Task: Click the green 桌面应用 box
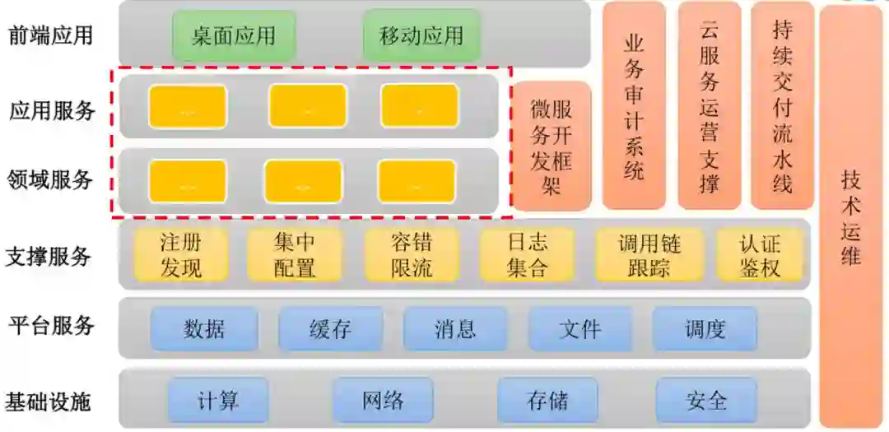(x=234, y=35)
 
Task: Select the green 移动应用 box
(x=421, y=35)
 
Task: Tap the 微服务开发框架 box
(x=552, y=146)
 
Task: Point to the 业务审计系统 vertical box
(x=634, y=105)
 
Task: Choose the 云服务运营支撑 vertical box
(x=710, y=105)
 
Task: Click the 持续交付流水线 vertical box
(x=782, y=105)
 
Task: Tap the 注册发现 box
(x=181, y=254)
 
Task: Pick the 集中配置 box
(x=294, y=254)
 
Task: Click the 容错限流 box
(x=412, y=254)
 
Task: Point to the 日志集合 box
(x=528, y=254)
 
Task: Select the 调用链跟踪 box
(x=649, y=254)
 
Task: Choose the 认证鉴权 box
(x=760, y=254)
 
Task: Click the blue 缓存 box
(x=330, y=329)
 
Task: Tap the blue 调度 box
(x=705, y=329)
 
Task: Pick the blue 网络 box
(x=383, y=401)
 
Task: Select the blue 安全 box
(x=706, y=401)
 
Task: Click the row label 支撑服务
(x=49, y=256)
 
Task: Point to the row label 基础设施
(x=49, y=402)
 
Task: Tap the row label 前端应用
(x=49, y=35)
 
